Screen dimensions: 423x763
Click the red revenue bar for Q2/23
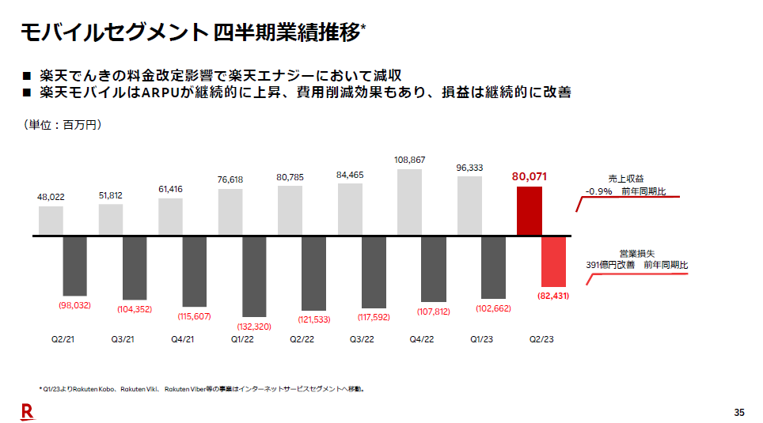coord(530,210)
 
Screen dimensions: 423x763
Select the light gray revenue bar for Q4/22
coord(410,202)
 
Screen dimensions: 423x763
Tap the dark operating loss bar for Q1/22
coord(254,275)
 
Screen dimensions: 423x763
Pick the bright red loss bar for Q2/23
coord(553,261)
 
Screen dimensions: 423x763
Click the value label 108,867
coord(409,161)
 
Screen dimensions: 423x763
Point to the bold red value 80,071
coord(530,176)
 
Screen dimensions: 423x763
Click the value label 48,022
coord(51,197)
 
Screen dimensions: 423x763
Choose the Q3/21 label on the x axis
coord(123,339)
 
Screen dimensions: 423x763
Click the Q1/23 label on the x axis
coord(481,339)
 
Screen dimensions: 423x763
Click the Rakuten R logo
coord(27,410)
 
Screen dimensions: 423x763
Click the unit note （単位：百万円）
coord(63,125)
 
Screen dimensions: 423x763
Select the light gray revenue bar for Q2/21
coord(51,221)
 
